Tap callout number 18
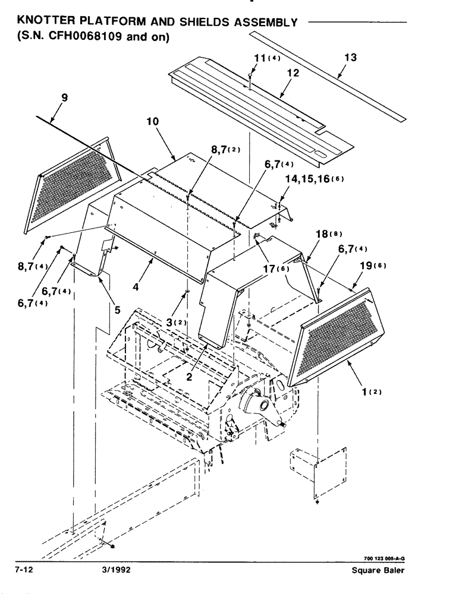[x=323, y=234]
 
